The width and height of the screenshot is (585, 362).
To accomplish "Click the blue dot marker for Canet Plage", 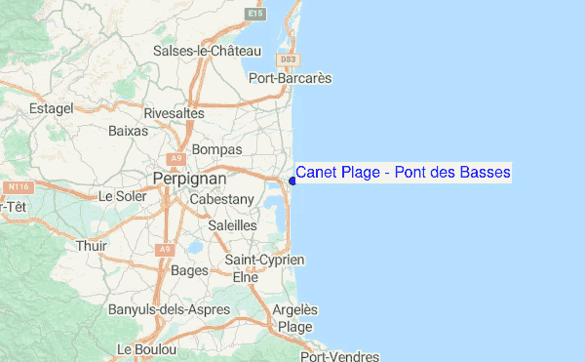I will coord(292,180).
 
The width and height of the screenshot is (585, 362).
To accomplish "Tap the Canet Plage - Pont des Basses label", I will coord(403,173).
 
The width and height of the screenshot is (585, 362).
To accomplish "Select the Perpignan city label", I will coord(189,180).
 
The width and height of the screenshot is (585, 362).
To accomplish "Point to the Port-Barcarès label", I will coord(291,78).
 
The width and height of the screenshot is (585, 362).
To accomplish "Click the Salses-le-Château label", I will coord(207,51).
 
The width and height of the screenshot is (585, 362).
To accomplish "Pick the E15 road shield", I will coord(255,15).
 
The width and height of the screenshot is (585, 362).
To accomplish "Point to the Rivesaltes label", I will coord(174,113).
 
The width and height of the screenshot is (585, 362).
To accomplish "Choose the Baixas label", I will coord(129,130).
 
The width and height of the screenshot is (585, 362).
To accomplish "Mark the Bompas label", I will coord(215,149).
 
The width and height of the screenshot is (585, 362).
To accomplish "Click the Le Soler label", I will coord(121,196).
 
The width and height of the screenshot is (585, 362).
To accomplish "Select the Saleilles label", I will coord(232,225).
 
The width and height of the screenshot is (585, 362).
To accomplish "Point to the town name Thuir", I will coord(92,246).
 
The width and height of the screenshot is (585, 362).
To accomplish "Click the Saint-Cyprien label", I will coord(265,260).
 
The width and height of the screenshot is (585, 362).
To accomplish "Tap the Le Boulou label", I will coord(145,348).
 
